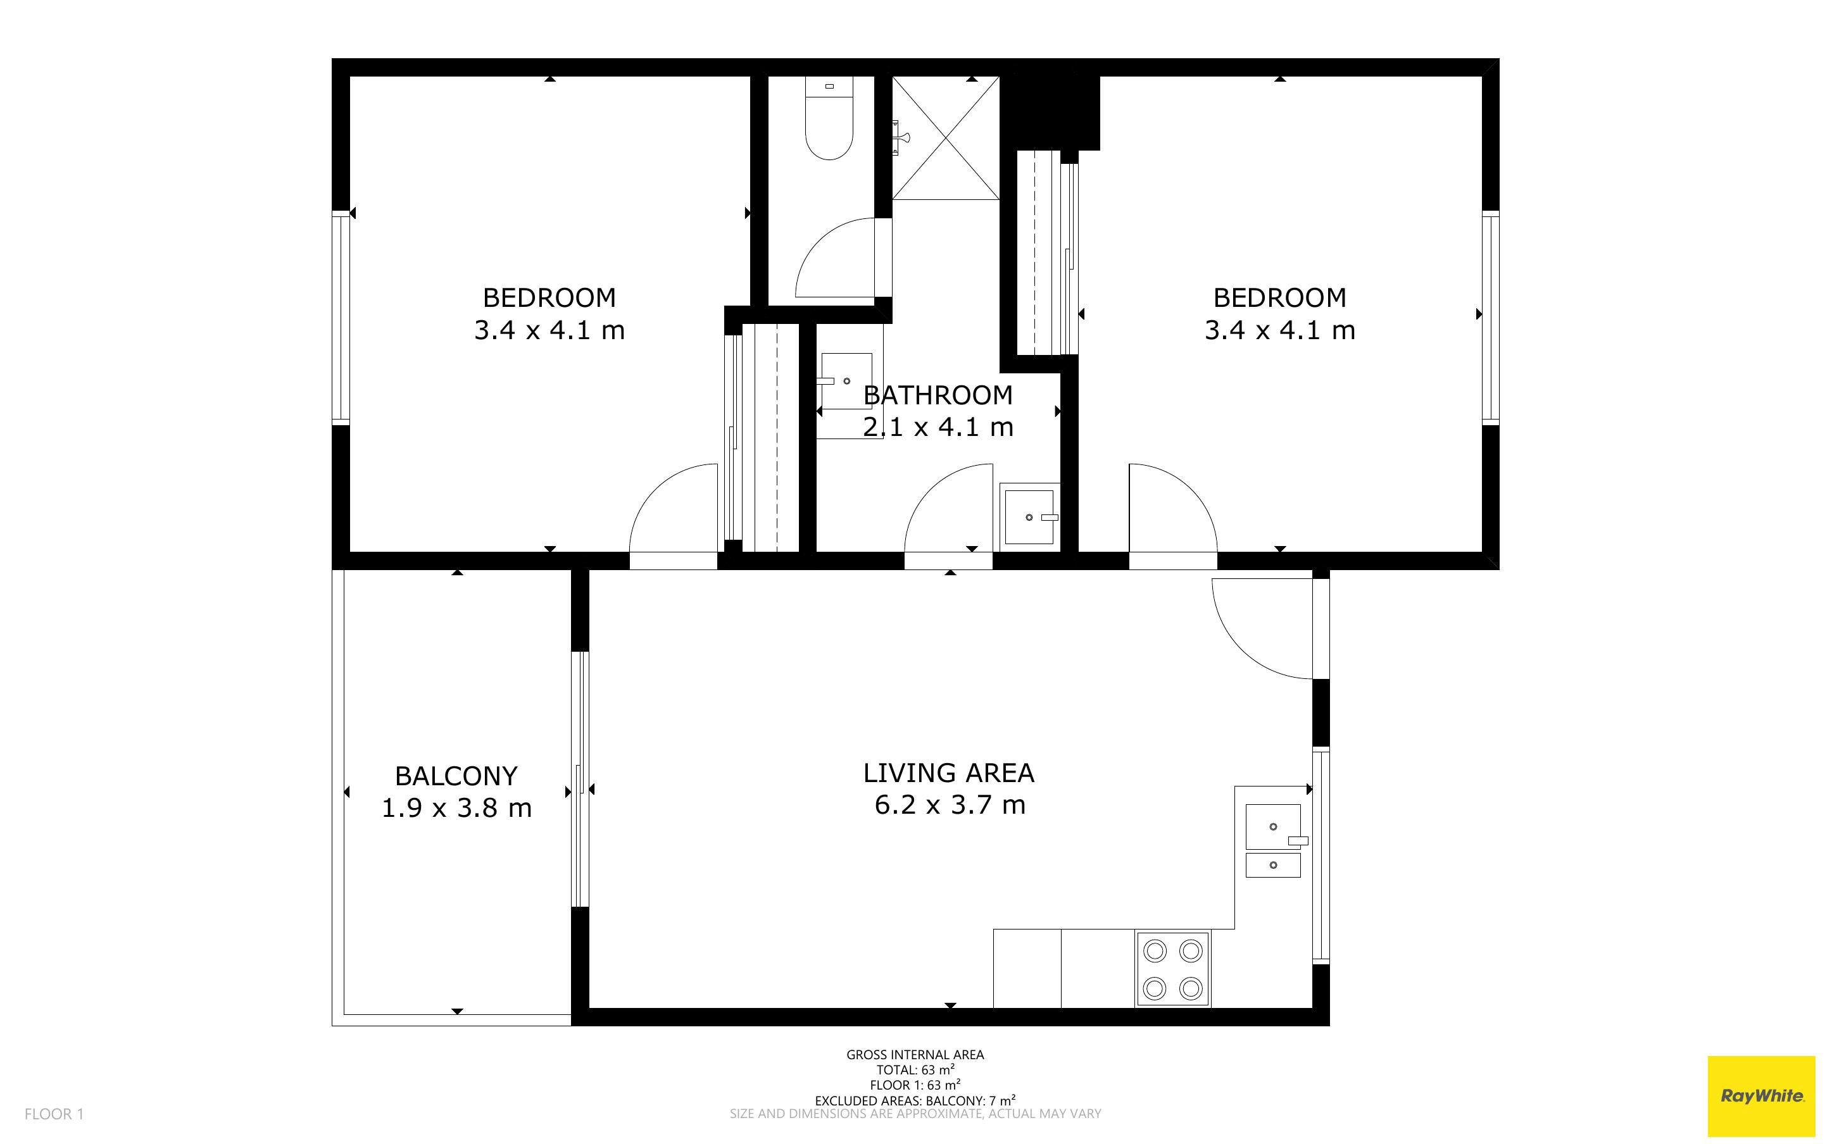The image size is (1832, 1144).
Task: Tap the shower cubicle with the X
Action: (x=946, y=138)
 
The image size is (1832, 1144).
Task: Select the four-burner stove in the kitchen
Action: (x=1172, y=969)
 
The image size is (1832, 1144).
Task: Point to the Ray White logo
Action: (x=1762, y=1095)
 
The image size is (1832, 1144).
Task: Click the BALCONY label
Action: (x=456, y=776)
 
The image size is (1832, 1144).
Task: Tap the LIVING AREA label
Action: (x=949, y=773)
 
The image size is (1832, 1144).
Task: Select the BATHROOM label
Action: (x=938, y=395)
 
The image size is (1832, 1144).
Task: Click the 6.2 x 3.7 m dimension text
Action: (x=950, y=804)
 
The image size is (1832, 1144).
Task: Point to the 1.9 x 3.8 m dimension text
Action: (x=456, y=808)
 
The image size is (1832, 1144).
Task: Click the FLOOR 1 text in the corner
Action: (x=54, y=1114)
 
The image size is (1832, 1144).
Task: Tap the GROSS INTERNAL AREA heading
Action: (x=915, y=1054)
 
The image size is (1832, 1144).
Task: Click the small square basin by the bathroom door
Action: (x=1029, y=518)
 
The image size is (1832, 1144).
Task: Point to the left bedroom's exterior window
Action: (x=341, y=317)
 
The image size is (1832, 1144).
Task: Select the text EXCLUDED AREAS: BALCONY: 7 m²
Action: (x=915, y=1100)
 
